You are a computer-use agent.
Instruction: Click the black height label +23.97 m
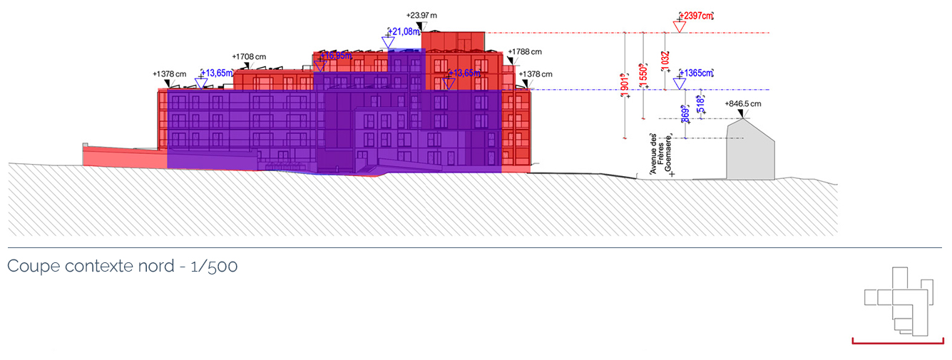coord(422,15)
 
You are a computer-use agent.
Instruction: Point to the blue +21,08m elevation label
coord(404,31)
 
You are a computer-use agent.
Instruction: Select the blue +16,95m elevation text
coord(337,55)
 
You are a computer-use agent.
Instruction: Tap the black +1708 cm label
coord(249,56)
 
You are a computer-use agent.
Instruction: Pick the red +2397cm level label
coord(697,15)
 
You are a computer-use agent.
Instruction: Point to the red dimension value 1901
coord(624,84)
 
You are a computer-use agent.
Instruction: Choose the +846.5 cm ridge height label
coord(743,103)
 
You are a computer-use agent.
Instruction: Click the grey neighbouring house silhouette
coord(749,153)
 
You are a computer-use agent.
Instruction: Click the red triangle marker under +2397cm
coord(680,27)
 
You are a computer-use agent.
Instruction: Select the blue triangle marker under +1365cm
coord(680,83)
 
